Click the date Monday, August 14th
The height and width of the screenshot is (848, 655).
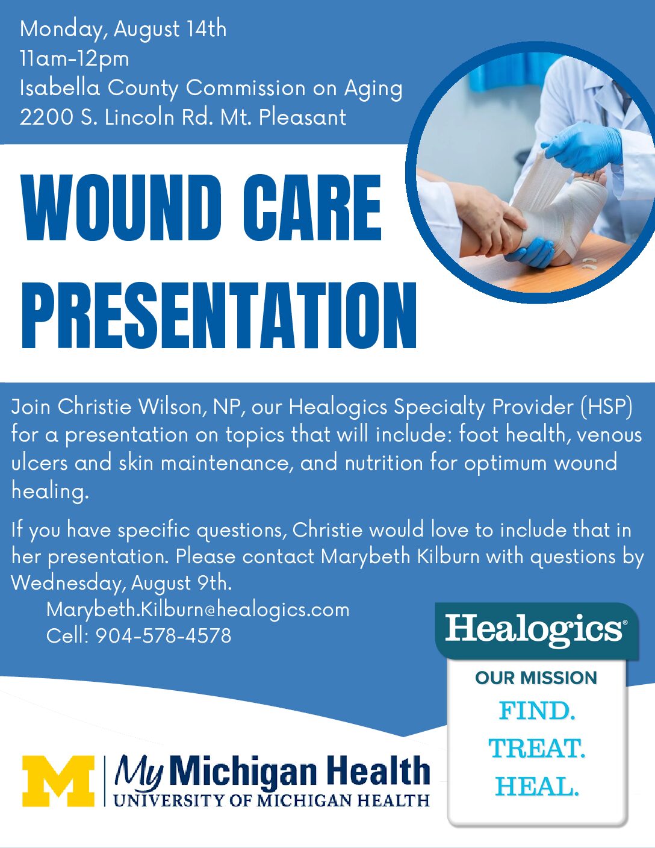click(x=123, y=29)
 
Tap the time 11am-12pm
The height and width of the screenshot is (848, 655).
click(x=74, y=58)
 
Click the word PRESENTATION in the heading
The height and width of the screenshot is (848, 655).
click(x=219, y=314)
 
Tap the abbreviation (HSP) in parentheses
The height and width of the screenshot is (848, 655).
click(x=606, y=407)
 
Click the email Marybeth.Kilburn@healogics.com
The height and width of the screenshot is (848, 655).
click(x=197, y=609)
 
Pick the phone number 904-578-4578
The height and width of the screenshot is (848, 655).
click(x=163, y=635)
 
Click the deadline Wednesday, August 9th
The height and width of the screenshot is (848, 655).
click(x=120, y=583)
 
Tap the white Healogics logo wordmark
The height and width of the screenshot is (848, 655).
click(x=535, y=629)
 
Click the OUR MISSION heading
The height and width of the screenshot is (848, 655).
click(x=536, y=678)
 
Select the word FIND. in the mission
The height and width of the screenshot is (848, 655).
click(x=536, y=711)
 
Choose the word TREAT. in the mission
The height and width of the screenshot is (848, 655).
click(x=536, y=749)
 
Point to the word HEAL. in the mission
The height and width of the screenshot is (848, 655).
click(x=536, y=786)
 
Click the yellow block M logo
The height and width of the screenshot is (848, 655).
click(x=58, y=781)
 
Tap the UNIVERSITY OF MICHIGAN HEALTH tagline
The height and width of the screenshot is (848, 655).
click(x=271, y=801)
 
